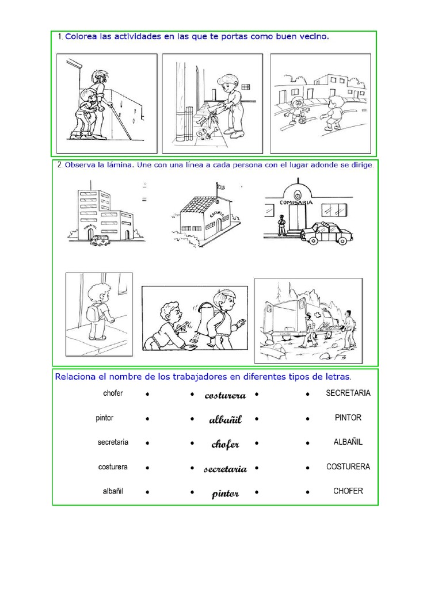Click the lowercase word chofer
(113, 393)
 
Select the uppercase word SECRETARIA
(348, 393)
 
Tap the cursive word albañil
(225, 420)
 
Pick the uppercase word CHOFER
(348, 491)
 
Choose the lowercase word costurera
(113, 467)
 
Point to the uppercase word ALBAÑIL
(348, 442)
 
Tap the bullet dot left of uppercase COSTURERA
(308, 468)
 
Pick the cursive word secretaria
(225, 469)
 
